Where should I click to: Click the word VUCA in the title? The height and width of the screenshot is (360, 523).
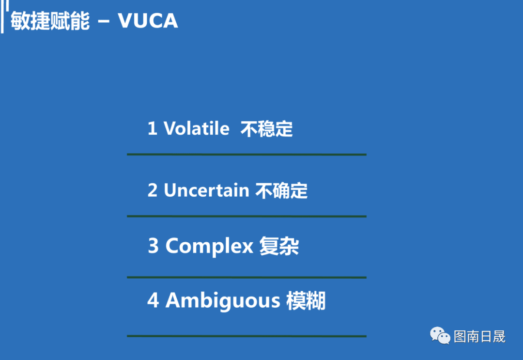pos(148,21)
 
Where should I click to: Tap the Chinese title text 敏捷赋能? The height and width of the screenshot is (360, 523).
pos(50,21)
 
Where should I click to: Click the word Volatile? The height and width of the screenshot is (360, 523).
pos(197,128)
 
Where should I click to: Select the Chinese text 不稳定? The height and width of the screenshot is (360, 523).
pos(266,129)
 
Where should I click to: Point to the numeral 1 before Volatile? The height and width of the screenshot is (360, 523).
pos(152,128)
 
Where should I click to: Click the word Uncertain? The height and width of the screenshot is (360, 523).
pos(206,190)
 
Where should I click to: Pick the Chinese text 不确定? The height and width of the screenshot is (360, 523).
pos(281,191)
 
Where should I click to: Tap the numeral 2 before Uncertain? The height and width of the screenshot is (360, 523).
pos(153,190)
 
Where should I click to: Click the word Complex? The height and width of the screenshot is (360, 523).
pos(210,247)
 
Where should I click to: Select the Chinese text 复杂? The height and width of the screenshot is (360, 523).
pos(279,246)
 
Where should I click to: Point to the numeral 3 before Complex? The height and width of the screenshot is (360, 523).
pos(153,246)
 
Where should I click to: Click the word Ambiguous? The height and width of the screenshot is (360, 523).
pos(223,300)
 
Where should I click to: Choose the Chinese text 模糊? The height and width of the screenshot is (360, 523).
pos(306,300)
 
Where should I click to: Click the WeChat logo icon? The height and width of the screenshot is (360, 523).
pos(440,335)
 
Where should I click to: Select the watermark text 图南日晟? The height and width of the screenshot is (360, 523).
pos(479,336)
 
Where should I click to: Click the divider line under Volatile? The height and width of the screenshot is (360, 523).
pos(246,155)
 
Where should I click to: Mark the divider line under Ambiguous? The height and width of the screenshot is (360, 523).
pos(246,336)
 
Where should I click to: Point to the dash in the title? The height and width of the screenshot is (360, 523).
pos(104,21)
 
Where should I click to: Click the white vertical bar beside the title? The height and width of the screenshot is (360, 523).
pos(2,16)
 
